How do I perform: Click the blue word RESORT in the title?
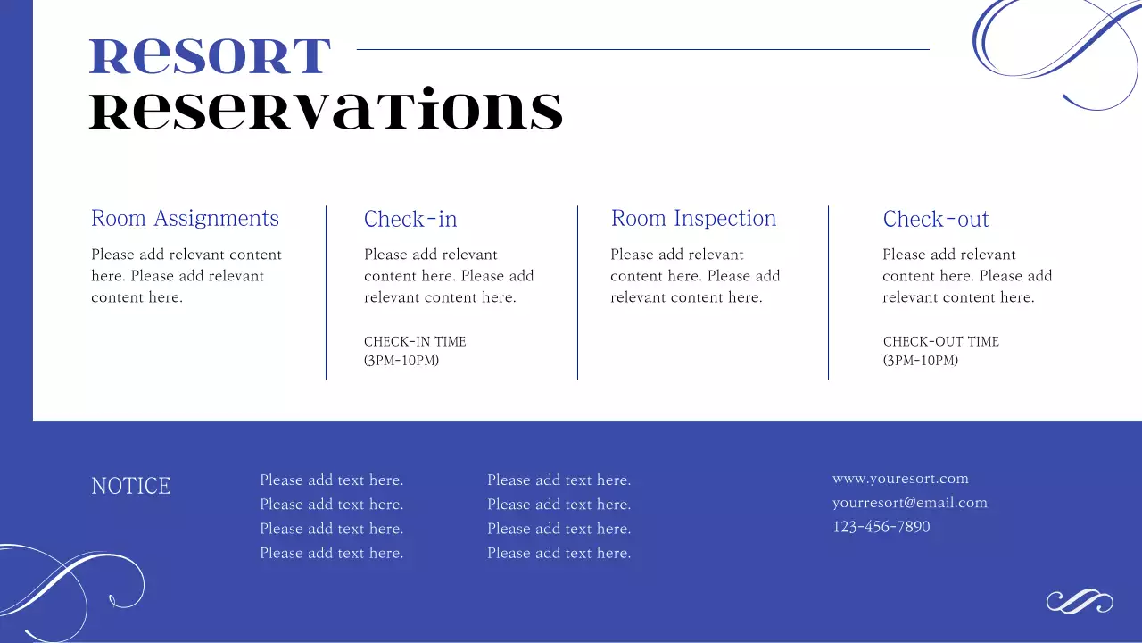pyautogui.click(x=210, y=56)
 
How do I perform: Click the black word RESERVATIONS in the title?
pyautogui.click(x=327, y=111)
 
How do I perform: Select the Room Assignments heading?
pyautogui.click(x=185, y=219)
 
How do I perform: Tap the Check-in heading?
pyautogui.click(x=410, y=220)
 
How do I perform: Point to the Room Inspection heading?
pyautogui.click(x=693, y=219)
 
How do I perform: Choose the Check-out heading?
pyautogui.click(x=936, y=220)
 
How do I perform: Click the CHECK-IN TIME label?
pyautogui.click(x=415, y=341)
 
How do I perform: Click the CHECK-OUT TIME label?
pyautogui.click(x=941, y=341)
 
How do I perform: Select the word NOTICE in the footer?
pyautogui.click(x=131, y=486)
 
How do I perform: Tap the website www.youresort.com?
pyautogui.click(x=900, y=479)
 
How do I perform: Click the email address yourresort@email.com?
pyautogui.click(x=910, y=503)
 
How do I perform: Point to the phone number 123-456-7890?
pyautogui.click(x=881, y=527)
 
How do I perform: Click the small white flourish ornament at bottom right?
pyautogui.click(x=1080, y=602)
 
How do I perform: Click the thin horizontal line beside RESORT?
pyautogui.click(x=642, y=49)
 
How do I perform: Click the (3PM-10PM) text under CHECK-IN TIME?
pyautogui.click(x=401, y=361)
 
